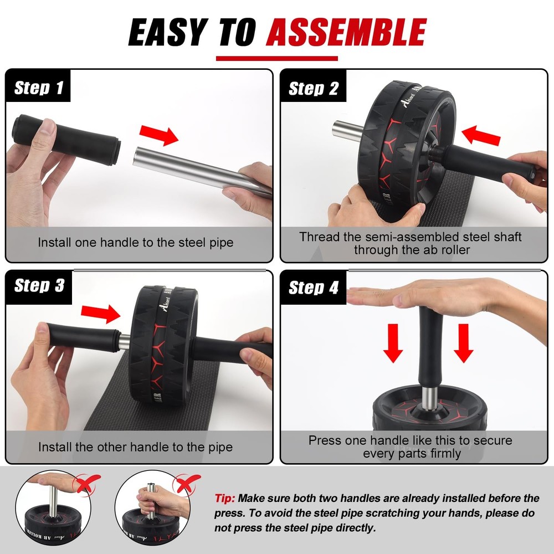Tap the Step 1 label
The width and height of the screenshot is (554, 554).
click(39, 88)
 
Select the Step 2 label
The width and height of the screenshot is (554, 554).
click(314, 89)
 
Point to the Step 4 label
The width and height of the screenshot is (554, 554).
click(314, 288)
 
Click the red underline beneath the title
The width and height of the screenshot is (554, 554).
click(276, 58)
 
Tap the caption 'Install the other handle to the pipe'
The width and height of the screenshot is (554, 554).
click(136, 447)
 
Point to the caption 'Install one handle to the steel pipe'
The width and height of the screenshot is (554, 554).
click(136, 242)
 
